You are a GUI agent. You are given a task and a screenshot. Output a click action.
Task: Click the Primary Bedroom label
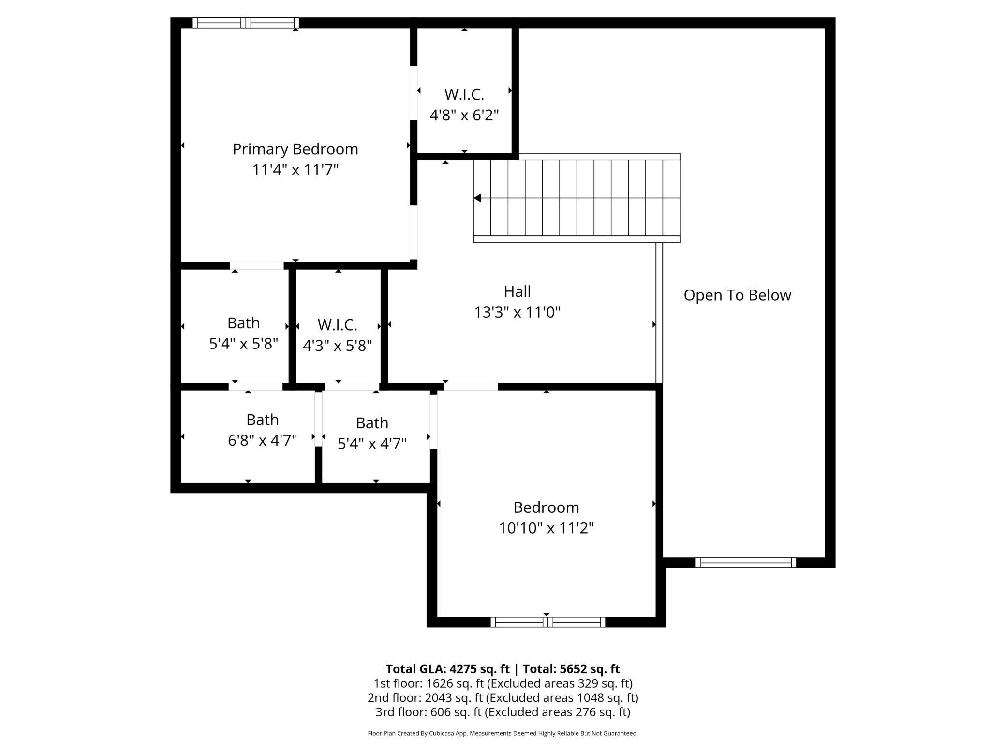point(295,149)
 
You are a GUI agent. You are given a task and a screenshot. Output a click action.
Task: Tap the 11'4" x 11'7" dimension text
point(295,170)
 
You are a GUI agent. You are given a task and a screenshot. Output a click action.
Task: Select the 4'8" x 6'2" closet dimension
point(464,116)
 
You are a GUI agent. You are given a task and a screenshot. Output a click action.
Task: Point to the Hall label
point(517,291)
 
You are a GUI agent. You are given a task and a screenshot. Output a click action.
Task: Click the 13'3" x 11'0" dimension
point(517,313)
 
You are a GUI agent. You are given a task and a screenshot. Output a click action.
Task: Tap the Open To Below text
point(737,295)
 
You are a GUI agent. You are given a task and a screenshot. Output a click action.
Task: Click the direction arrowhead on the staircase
point(477,198)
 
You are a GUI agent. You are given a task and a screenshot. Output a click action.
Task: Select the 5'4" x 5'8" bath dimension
point(243,344)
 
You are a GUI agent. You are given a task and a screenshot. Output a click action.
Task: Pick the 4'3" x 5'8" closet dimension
point(337,346)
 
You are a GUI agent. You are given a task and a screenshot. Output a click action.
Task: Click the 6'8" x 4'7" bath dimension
point(262,440)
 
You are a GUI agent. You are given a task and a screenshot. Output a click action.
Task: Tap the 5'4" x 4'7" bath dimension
point(372,444)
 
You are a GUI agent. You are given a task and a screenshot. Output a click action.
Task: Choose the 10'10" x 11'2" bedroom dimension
point(546,528)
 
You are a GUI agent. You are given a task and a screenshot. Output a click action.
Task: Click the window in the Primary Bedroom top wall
point(246,23)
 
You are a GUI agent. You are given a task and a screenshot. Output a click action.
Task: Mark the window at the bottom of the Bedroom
point(548,622)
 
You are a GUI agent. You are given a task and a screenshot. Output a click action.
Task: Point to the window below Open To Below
point(746,563)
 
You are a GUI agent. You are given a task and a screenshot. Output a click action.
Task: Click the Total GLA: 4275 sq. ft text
point(447,669)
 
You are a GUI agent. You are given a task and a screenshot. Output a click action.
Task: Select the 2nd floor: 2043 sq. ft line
point(503,698)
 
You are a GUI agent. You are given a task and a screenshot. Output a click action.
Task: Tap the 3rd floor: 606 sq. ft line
point(503,712)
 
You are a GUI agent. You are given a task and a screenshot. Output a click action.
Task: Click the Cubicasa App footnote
point(503,733)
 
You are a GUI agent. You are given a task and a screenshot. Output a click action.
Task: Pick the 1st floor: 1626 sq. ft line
point(503,683)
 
